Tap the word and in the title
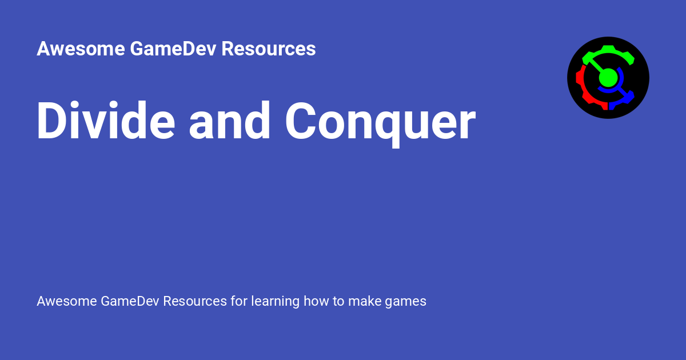(x=229, y=121)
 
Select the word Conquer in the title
(x=380, y=124)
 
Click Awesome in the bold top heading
(x=81, y=49)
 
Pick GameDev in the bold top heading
(x=173, y=49)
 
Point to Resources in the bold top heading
(x=268, y=49)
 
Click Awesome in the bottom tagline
(x=67, y=301)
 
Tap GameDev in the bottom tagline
(x=130, y=301)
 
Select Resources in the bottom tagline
(x=195, y=301)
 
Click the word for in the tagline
(x=239, y=301)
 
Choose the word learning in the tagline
(x=276, y=302)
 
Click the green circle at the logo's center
(x=608, y=78)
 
